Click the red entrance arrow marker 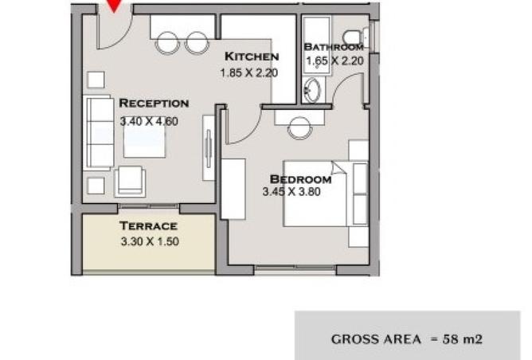click(x=115, y=6)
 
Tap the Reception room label click(x=154, y=104)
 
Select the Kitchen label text click(x=252, y=57)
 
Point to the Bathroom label click(x=334, y=47)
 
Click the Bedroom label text click(x=300, y=179)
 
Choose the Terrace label click(x=148, y=225)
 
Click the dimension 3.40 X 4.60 click(x=149, y=121)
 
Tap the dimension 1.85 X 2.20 click(x=249, y=72)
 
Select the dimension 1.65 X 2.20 click(x=334, y=61)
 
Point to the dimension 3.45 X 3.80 click(x=291, y=192)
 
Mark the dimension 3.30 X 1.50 click(x=150, y=241)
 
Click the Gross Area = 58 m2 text click(x=406, y=339)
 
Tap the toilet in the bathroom click(x=354, y=36)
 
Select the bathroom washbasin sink click(x=312, y=90)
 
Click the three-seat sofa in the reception click(x=99, y=132)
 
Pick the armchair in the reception click(x=131, y=182)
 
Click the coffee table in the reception click(x=144, y=141)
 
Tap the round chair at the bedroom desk click(x=300, y=128)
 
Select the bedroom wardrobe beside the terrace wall click(x=233, y=189)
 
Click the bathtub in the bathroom click(x=316, y=45)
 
